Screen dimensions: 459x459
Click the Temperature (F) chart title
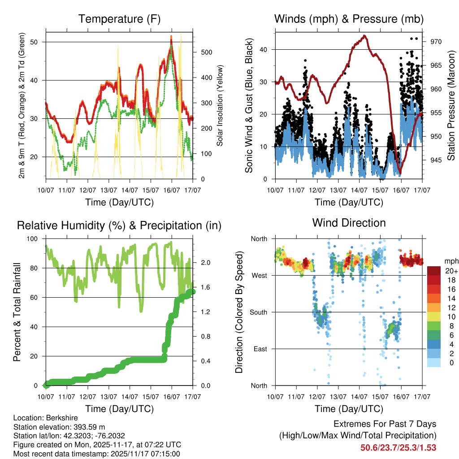[119, 19]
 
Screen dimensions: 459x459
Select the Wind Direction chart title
[349, 223]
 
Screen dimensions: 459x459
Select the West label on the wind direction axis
[259, 275]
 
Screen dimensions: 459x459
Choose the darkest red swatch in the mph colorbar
[434, 271]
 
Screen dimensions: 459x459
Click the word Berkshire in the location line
[58, 417]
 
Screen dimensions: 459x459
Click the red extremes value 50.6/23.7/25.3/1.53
[398, 447]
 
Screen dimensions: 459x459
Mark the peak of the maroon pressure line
[364, 36]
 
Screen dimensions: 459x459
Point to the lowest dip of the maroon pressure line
[400, 173]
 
